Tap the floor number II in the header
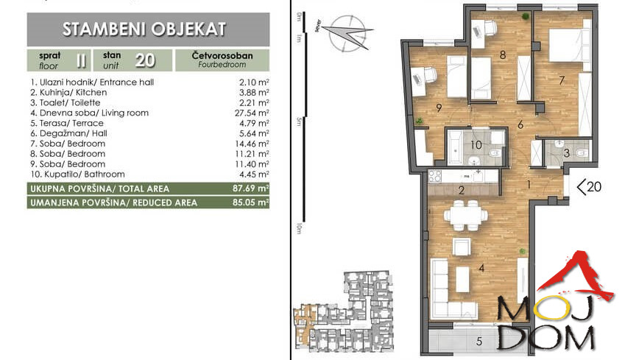point(80,59)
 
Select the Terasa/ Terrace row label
point(71,124)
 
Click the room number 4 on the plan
point(481,268)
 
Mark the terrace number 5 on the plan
point(479,340)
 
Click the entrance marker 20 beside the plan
point(590,188)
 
